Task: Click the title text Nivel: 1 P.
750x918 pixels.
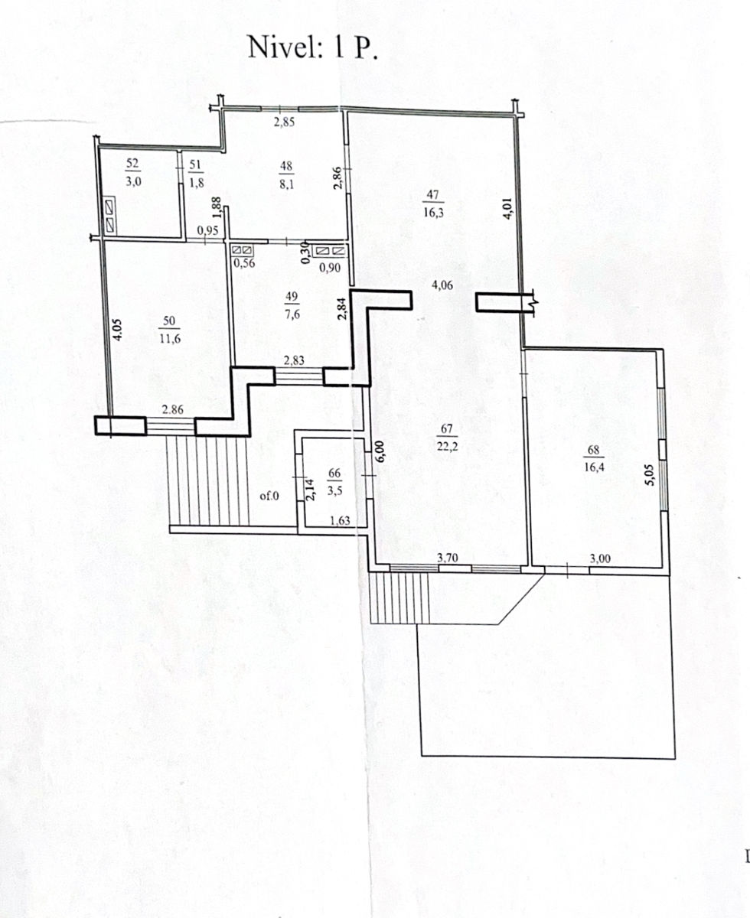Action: [x=312, y=47]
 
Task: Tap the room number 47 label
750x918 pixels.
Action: [x=432, y=194]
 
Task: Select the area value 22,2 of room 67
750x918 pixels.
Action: [x=448, y=446]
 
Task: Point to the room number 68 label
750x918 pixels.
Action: [x=593, y=450]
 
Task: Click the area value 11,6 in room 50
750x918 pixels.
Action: [x=170, y=338]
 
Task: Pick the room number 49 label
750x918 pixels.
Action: [x=292, y=296]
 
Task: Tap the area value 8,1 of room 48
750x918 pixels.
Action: [x=286, y=184]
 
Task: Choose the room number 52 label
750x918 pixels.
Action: [x=132, y=163]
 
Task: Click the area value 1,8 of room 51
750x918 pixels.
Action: [x=197, y=183]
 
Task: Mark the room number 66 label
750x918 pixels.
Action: [x=334, y=474]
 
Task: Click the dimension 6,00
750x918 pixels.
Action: [x=380, y=452]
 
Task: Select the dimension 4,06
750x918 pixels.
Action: [x=442, y=285]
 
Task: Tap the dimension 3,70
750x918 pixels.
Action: [x=448, y=557]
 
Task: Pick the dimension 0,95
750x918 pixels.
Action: [x=207, y=231]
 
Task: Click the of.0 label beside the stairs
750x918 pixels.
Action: [x=269, y=496]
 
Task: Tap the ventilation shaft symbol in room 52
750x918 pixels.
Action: [x=109, y=216]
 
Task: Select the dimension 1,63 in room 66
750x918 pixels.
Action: [x=340, y=521]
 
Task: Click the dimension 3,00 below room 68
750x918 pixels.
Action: [x=600, y=558]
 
